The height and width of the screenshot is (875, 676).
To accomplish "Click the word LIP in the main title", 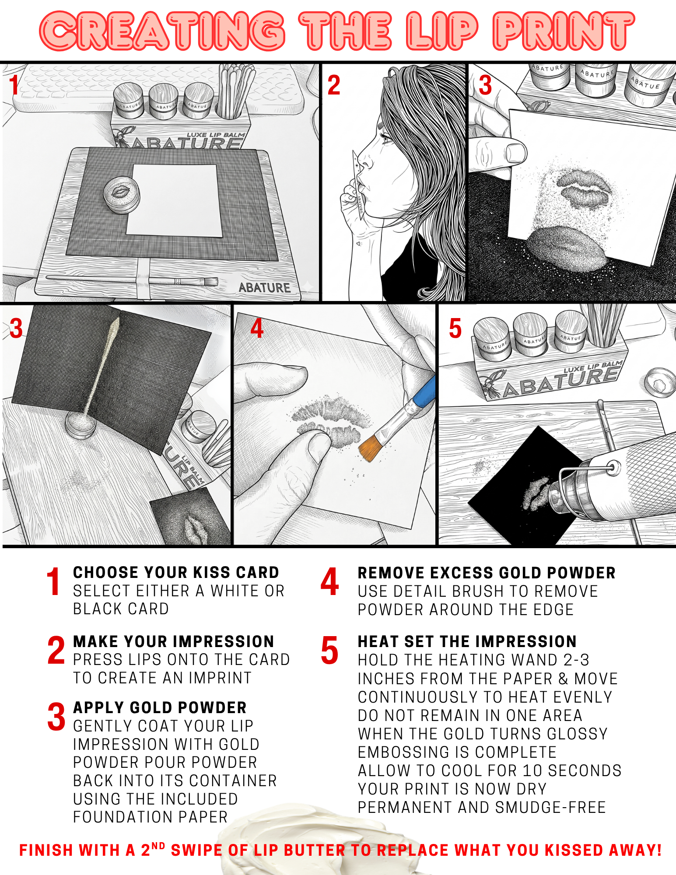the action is click(x=441, y=31).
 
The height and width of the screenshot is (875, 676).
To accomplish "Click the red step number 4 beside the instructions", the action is click(x=329, y=582).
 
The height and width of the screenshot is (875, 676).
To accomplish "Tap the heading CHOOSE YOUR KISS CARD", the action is click(x=176, y=572).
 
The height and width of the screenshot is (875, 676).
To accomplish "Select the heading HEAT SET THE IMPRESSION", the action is click(x=467, y=641).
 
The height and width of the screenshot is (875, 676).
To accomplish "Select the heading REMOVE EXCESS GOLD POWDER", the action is click(x=487, y=573).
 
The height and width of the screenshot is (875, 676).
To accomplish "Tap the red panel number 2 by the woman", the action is click(x=334, y=85).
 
